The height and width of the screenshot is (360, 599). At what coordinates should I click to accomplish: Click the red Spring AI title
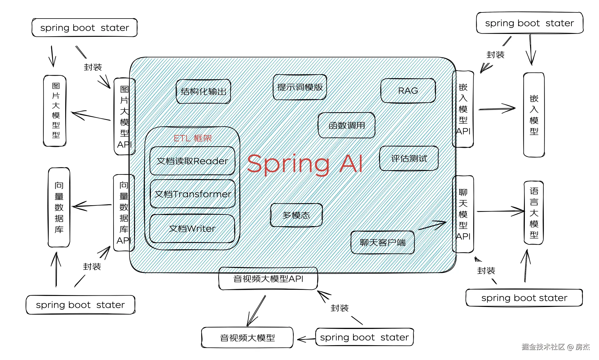coord(305,164)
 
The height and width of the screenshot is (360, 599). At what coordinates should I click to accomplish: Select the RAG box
coord(408,90)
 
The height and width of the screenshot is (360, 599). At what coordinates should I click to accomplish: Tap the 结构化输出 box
coord(203,91)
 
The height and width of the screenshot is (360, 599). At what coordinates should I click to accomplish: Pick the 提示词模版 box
coord(300,87)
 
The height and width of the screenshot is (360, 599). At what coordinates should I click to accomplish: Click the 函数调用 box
coord(346,125)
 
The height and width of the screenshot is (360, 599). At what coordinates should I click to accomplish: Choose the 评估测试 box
coord(409,158)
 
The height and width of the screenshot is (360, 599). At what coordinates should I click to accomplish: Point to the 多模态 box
coord(296,215)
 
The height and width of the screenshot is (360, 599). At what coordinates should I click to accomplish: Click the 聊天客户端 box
coord(383,242)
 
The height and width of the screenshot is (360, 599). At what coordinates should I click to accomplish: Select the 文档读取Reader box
coord(192,161)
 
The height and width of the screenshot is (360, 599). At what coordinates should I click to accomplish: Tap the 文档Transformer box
coord(193,194)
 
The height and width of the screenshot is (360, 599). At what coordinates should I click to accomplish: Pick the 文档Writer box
coord(192,229)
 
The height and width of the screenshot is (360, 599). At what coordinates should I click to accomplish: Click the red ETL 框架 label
coord(193,138)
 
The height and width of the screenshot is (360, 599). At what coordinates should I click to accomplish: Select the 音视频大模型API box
coord(268,279)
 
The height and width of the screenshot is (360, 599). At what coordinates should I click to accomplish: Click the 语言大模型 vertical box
coord(534,213)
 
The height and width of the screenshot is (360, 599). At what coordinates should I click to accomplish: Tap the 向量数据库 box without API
coord(59,207)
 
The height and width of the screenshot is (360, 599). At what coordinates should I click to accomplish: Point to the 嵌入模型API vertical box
coord(463,109)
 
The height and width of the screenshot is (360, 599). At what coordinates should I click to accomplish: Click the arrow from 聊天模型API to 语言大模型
coord(501,211)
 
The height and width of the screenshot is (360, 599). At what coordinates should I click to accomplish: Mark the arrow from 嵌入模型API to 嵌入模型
coord(497,109)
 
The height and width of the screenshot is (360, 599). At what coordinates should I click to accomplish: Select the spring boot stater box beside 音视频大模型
coord(364,337)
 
